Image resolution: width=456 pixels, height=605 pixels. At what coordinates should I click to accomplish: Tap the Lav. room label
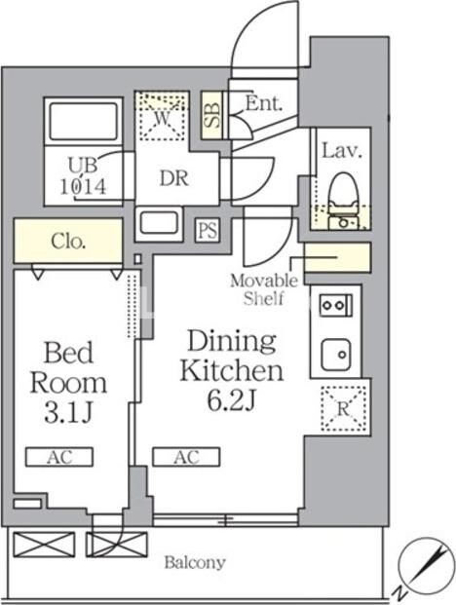pyautogui.click(x=342, y=150)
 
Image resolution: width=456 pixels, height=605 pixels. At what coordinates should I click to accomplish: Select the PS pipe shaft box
pyautogui.click(x=208, y=230)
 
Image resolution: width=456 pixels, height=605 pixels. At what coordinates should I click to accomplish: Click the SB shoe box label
pyautogui.click(x=212, y=115)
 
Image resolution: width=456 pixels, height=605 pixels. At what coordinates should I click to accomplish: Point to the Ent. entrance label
pyautogui.click(x=264, y=103)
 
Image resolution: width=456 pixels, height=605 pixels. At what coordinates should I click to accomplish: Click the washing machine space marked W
pyautogui.click(x=162, y=115)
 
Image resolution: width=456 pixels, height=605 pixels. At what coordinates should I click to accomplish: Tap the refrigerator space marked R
pyautogui.click(x=343, y=408)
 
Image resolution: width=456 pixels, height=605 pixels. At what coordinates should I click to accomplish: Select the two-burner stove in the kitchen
pyautogui.click(x=335, y=305)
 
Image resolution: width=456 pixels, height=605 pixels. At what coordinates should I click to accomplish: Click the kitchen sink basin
pyautogui.click(x=335, y=355)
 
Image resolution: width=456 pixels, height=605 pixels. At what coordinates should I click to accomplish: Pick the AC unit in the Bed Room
pyautogui.click(x=59, y=457)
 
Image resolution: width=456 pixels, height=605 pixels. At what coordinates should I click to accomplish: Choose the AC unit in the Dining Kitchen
pyautogui.click(x=186, y=457)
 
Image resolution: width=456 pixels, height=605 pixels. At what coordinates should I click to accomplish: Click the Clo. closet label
pyautogui.click(x=68, y=242)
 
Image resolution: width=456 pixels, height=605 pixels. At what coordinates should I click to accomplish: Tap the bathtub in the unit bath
pyautogui.click(x=84, y=121)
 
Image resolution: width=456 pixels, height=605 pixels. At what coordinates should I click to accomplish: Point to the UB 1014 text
pyautogui.click(x=83, y=176)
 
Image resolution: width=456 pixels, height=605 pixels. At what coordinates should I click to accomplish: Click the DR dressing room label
pyautogui.click(x=174, y=178)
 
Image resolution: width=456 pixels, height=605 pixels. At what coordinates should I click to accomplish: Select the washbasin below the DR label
pyautogui.click(x=159, y=224)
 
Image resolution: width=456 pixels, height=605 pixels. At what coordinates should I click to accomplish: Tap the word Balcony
pyautogui.click(x=195, y=562)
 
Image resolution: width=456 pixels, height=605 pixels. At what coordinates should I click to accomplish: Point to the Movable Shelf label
pyautogui.click(x=264, y=289)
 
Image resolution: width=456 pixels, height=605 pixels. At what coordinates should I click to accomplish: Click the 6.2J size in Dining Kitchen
pyautogui.click(x=232, y=401)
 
